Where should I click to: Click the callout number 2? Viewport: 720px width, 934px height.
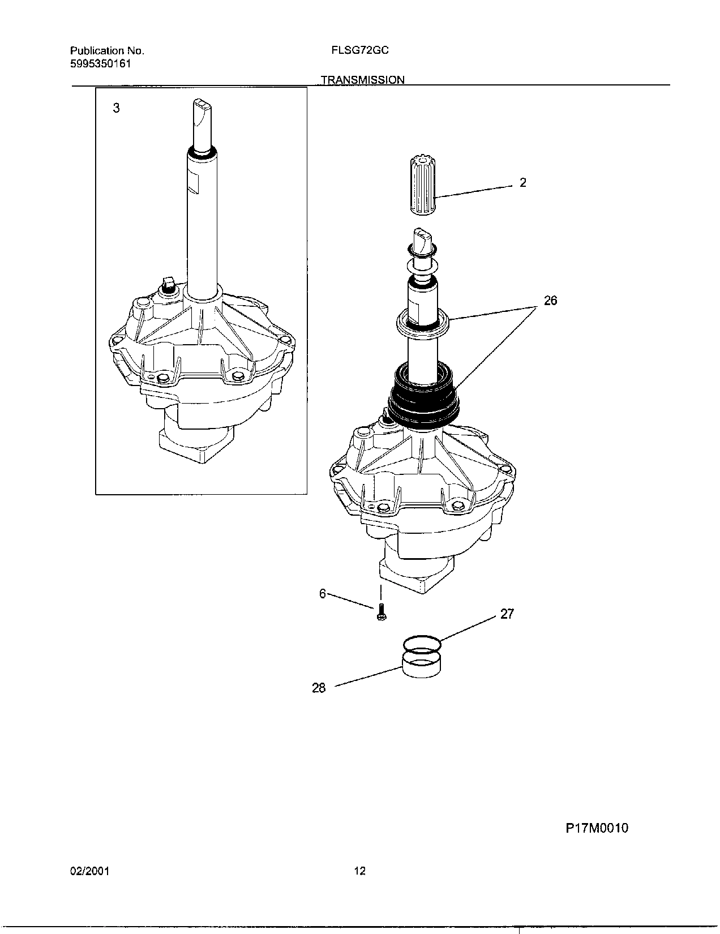click(x=523, y=182)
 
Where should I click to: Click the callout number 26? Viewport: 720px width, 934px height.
click(x=550, y=301)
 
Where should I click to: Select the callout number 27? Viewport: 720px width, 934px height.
click(x=507, y=614)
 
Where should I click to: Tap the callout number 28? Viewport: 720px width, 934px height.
click(x=319, y=688)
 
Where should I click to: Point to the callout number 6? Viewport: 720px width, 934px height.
click(x=323, y=593)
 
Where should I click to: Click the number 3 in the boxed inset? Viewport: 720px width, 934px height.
click(x=116, y=108)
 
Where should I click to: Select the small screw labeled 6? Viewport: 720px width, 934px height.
click(x=381, y=612)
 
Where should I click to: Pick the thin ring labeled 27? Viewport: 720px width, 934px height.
click(x=422, y=644)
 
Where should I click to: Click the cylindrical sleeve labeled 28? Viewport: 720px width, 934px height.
click(x=422, y=665)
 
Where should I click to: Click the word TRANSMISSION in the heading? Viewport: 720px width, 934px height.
click(x=363, y=80)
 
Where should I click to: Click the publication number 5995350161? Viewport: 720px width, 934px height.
click(x=101, y=63)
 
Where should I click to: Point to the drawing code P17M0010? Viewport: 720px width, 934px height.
click(x=597, y=828)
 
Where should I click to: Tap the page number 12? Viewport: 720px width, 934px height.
click(x=359, y=871)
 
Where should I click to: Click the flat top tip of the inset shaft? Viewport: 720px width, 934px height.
click(x=201, y=103)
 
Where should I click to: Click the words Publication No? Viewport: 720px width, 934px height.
click(x=107, y=50)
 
